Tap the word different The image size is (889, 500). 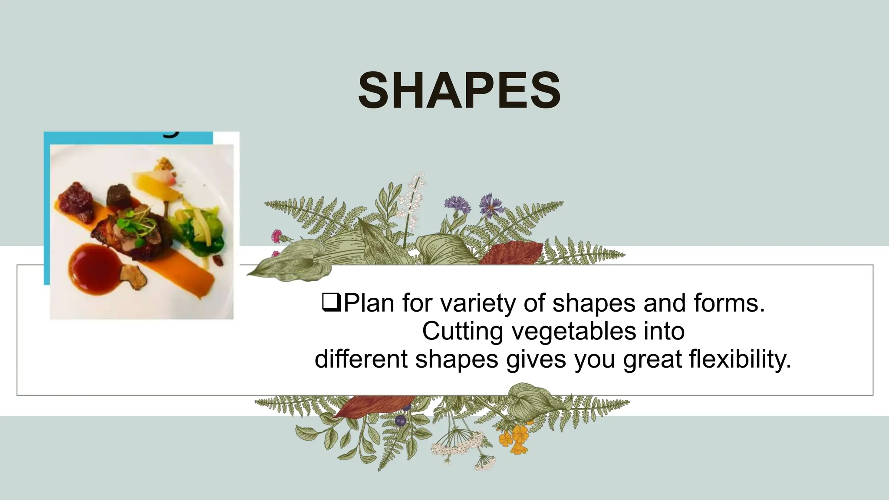361,359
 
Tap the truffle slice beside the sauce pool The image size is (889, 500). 134,276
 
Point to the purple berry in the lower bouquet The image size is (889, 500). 400,420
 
